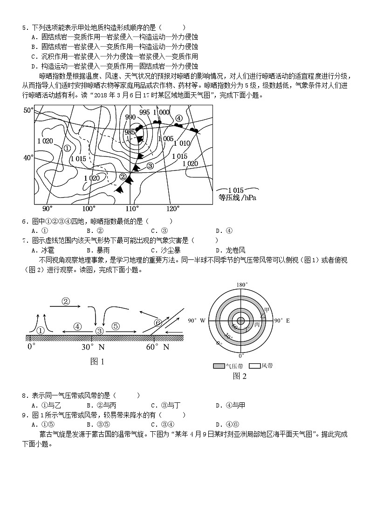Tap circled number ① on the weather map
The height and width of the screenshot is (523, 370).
[x=67, y=148]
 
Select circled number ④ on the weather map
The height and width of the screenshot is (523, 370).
[x=178, y=118]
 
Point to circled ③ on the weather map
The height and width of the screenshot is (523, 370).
[x=150, y=165]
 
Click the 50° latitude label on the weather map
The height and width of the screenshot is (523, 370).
[x=28, y=110]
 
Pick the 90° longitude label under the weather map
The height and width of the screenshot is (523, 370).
[x=48, y=208]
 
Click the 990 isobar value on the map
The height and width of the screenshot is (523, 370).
[x=130, y=117]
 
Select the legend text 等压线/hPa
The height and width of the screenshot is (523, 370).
[x=238, y=197]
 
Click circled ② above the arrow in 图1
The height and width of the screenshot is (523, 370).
[x=66, y=301]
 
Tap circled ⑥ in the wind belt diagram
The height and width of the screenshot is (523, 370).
[x=158, y=322]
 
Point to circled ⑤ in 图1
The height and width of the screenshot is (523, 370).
[x=116, y=326]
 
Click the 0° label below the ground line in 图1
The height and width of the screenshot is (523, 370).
[x=31, y=347]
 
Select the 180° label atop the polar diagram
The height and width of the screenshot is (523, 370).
[x=241, y=285]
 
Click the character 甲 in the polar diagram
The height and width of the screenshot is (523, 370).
[x=267, y=310]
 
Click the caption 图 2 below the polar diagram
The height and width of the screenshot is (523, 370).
[x=239, y=376]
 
